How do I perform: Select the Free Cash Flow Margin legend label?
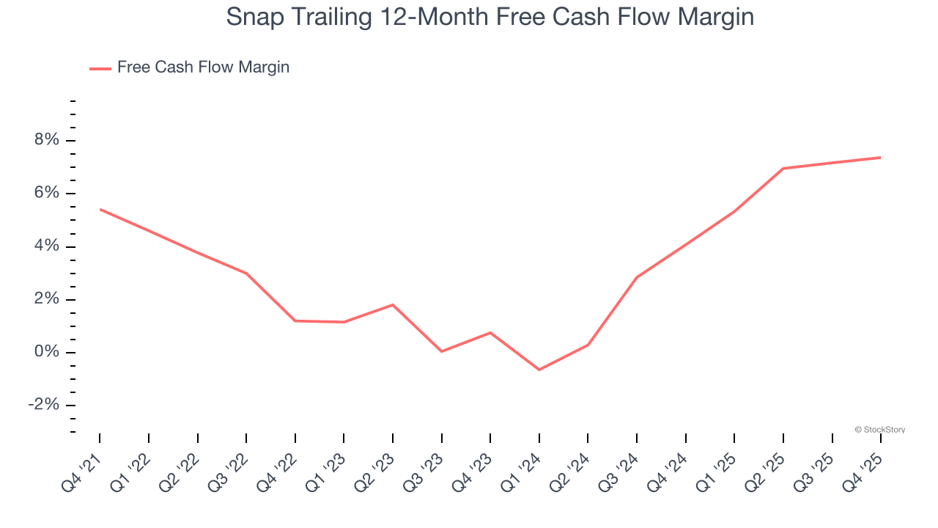click(203, 67)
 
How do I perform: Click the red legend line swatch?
click(100, 68)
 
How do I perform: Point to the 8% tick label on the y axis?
click(45, 140)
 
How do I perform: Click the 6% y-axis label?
click(45, 193)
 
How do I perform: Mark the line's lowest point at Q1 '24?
click(539, 370)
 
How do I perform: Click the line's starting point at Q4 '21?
click(100, 210)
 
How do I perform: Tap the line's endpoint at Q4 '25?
click(880, 158)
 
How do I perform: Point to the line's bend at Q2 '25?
click(783, 169)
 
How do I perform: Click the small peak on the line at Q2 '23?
click(393, 304)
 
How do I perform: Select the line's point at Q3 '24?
click(637, 277)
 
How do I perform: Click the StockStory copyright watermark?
click(879, 430)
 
